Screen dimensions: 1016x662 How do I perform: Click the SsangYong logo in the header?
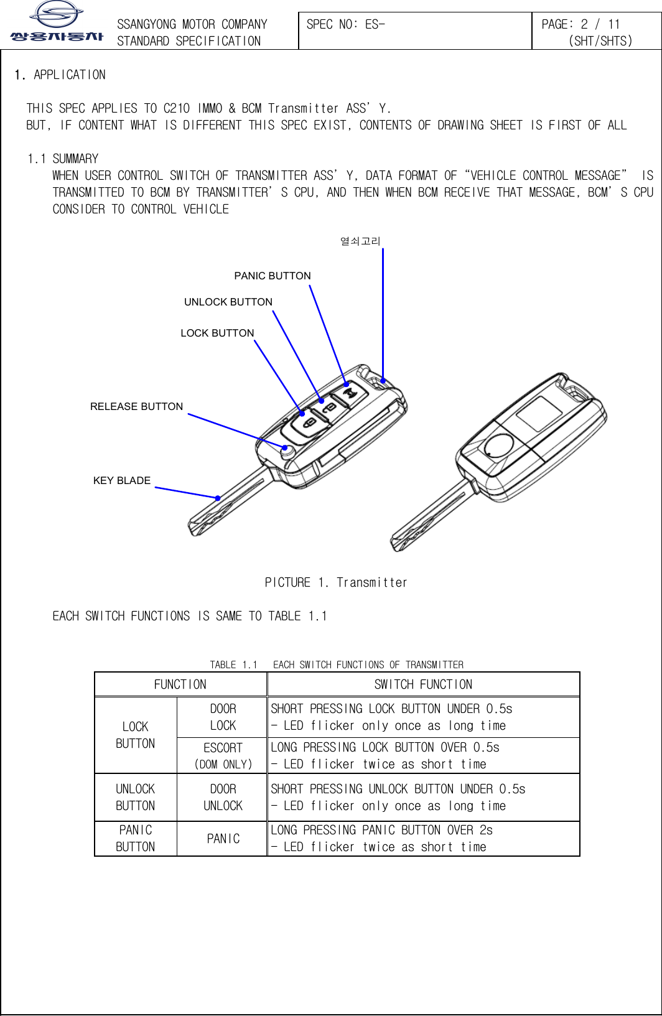(x=57, y=21)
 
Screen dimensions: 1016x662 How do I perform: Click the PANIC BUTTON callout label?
(x=272, y=276)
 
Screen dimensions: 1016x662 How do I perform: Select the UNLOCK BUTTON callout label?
(x=228, y=302)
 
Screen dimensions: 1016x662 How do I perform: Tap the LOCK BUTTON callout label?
(x=217, y=333)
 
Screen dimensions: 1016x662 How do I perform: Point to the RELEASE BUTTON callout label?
(x=136, y=406)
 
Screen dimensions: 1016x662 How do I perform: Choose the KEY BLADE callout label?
(x=121, y=480)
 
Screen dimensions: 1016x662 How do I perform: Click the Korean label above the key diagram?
(x=360, y=241)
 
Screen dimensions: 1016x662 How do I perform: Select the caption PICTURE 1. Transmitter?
(x=335, y=582)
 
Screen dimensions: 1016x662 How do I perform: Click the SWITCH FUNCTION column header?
(x=423, y=684)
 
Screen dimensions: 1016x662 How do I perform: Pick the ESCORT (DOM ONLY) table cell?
(x=223, y=755)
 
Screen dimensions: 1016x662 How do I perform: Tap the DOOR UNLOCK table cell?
(x=223, y=797)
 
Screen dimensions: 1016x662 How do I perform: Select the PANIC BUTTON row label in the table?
(x=135, y=838)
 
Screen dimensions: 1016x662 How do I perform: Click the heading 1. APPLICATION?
(x=60, y=75)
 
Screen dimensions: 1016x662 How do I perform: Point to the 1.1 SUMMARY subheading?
(x=63, y=159)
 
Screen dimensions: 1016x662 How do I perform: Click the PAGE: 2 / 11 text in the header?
(x=580, y=24)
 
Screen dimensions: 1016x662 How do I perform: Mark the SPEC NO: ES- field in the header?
(x=346, y=24)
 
